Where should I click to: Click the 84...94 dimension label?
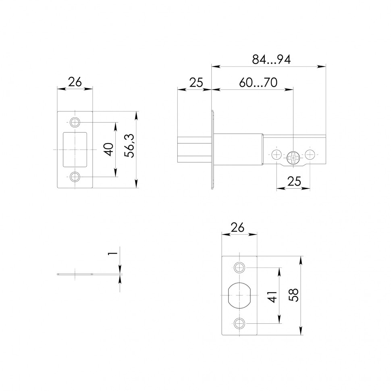pyautogui.click(x=271, y=60)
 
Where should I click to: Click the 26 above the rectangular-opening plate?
pyautogui.click(x=75, y=82)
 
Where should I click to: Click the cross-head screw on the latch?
pyautogui.click(x=293, y=157)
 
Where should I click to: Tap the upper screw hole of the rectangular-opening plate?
pyautogui.click(x=75, y=122)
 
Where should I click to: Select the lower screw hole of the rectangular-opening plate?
pyautogui.click(x=75, y=177)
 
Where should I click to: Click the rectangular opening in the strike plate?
pyautogui.click(x=75, y=149)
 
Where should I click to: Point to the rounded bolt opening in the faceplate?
pyautogui.click(x=239, y=296)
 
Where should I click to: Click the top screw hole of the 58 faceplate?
pyautogui.click(x=239, y=268)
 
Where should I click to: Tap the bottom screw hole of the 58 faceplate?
pyautogui.click(x=239, y=323)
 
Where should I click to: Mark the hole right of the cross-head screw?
pyautogui.click(x=310, y=154)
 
